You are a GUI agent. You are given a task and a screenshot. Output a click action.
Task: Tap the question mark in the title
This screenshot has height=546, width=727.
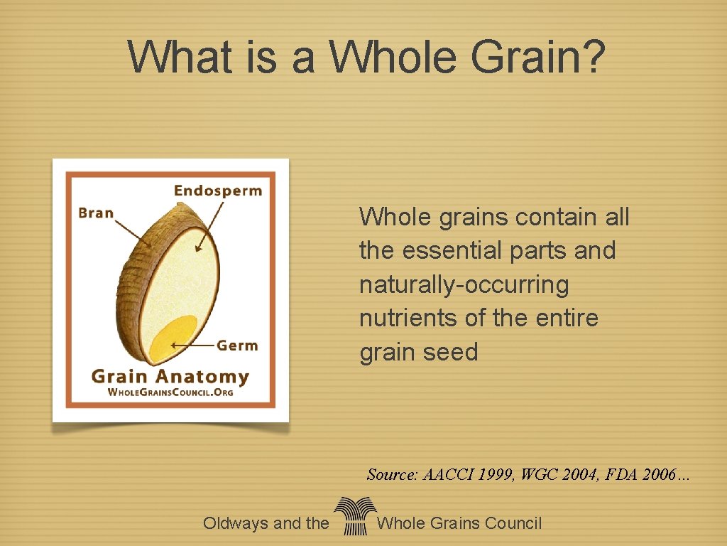(x=588, y=56)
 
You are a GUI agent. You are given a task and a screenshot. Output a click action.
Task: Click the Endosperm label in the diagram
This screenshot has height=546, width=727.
(x=218, y=191)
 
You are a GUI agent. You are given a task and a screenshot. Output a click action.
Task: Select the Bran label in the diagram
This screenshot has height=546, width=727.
(x=96, y=213)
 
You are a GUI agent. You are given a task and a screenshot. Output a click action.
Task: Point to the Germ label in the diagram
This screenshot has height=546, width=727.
(x=237, y=346)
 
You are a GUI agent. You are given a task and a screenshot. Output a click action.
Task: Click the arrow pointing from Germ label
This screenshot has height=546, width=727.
(x=192, y=346)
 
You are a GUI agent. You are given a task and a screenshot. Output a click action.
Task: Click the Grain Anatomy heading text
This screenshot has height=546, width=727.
(x=170, y=376)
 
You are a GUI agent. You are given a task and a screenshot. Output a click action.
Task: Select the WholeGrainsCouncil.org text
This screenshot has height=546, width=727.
(x=170, y=392)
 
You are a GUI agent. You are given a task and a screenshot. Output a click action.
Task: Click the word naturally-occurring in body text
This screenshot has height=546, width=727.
(x=464, y=285)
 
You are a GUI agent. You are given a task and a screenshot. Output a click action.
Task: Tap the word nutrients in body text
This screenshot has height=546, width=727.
(x=408, y=318)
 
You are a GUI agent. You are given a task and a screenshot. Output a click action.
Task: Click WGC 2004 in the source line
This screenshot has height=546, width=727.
(x=559, y=475)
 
